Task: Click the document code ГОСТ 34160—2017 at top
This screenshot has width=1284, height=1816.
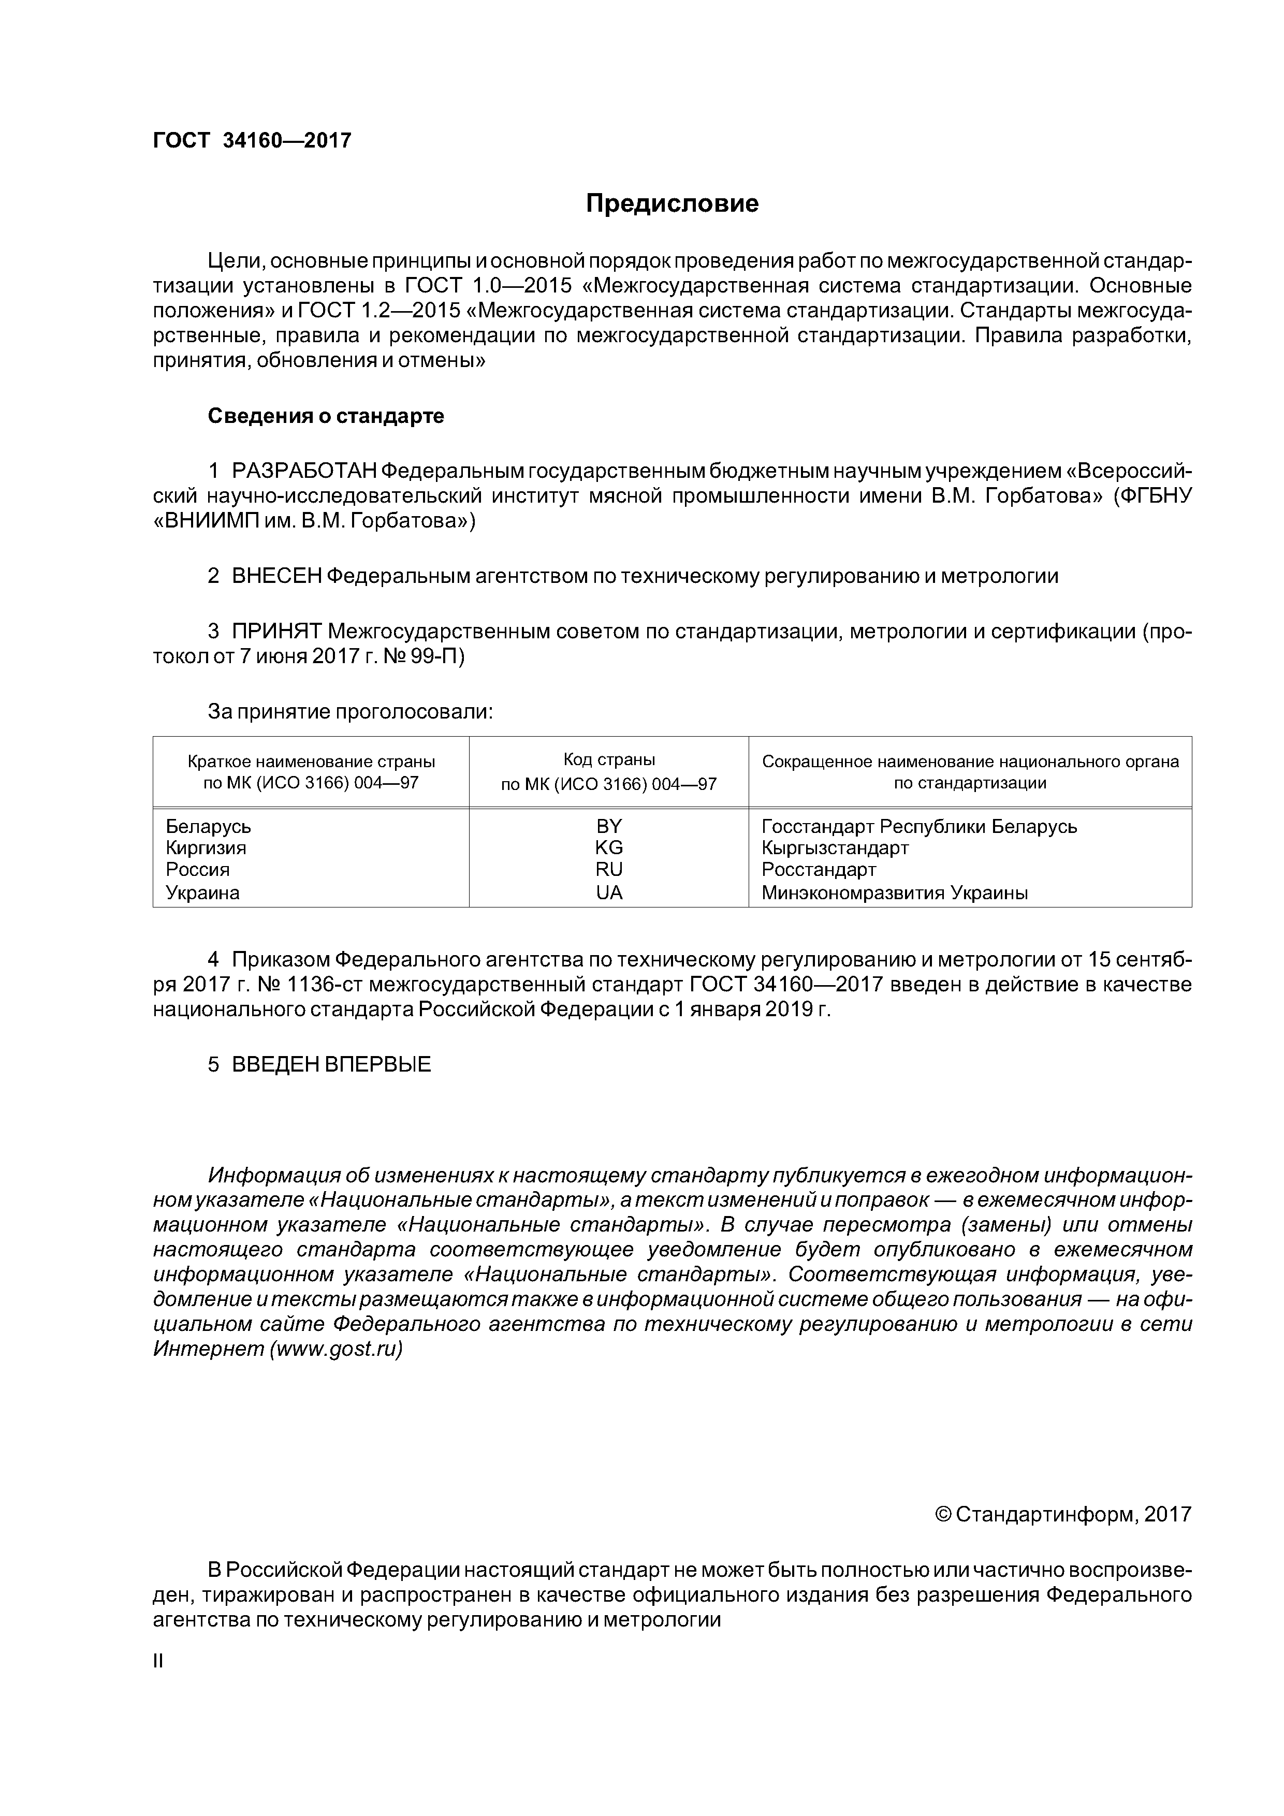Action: [252, 141]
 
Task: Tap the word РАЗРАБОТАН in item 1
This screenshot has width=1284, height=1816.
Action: [304, 472]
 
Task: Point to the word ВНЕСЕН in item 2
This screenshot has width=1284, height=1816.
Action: [277, 577]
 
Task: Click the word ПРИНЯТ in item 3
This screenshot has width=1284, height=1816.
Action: [277, 632]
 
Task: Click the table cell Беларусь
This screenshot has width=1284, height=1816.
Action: [208, 827]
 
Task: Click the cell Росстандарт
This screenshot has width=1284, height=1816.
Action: [819, 870]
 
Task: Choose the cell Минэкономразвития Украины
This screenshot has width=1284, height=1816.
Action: [894, 893]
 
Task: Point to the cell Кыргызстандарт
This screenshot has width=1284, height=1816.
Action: [835, 848]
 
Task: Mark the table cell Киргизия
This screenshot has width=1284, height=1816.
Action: [206, 848]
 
